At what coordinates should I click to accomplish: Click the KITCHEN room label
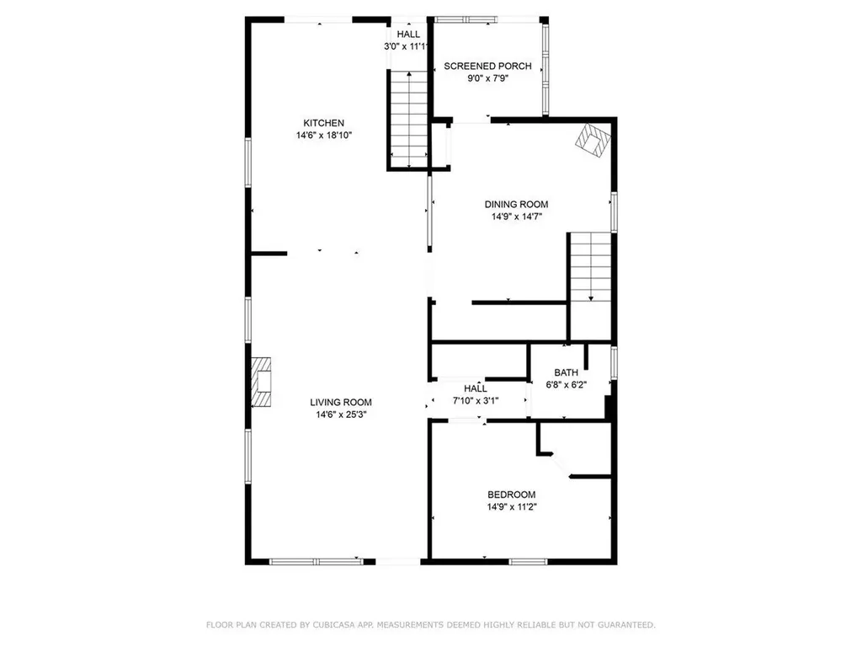(x=324, y=123)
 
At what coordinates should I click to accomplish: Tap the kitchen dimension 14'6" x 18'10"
(x=324, y=135)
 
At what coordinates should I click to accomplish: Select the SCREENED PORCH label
(x=487, y=66)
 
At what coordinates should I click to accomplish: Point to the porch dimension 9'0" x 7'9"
(x=487, y=78)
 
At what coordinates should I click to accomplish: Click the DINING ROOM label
(x=516, y=204)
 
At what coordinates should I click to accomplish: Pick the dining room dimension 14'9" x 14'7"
(x=516, y=217)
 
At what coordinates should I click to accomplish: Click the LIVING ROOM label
(x=341, y=403)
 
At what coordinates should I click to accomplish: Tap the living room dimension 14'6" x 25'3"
(x=341, y=414)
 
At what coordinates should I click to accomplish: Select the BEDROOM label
(x=511, y=495)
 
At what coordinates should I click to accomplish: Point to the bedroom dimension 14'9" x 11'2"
(x=511, y=507)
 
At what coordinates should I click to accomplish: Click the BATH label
(x=565, y=372)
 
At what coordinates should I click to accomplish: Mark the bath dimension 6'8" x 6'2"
(x=565, y=384)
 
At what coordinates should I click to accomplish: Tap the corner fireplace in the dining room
(x=592, y=141)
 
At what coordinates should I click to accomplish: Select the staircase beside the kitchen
(x=408, y=118)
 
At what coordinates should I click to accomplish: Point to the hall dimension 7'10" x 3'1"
(x=476, y=401)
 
